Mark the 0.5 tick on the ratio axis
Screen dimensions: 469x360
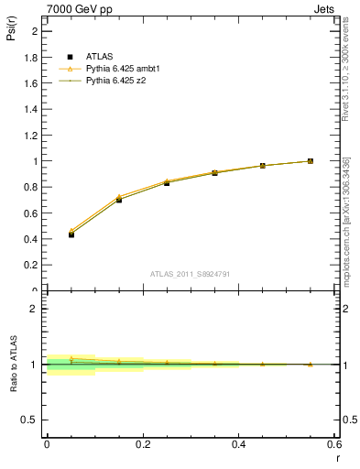click(33, 420)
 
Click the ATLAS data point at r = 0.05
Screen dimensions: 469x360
click(71, 234)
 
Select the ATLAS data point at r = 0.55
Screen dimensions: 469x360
click(311, 161)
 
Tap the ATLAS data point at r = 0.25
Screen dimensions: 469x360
click(167, 183)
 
